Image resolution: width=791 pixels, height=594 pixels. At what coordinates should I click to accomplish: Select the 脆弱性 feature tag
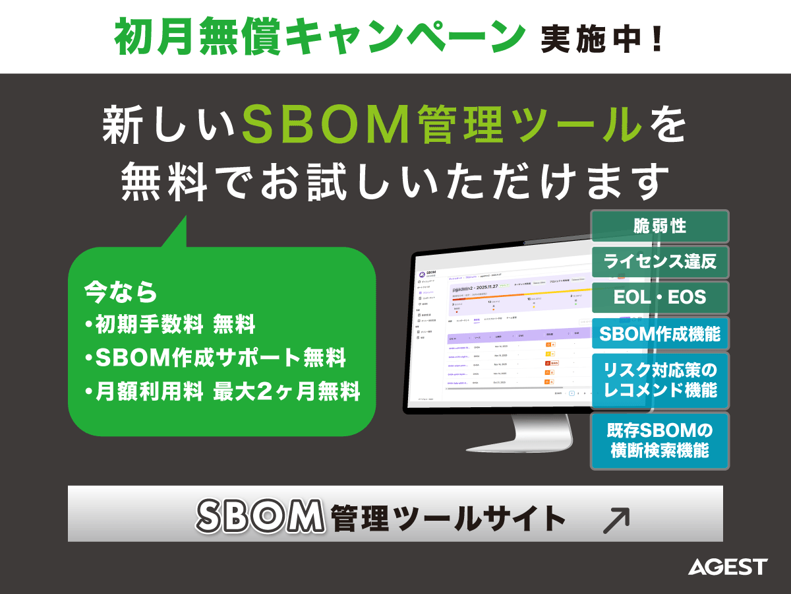[x=659, y=226]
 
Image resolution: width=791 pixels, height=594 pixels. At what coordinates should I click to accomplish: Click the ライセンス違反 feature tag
[x=659, y=262]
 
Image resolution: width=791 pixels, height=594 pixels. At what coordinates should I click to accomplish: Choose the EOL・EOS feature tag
[x=659, y=297]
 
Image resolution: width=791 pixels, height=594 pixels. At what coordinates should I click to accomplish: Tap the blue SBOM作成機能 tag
[x=659, y=333]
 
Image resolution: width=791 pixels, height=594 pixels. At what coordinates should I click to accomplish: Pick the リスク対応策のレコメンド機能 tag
[x=659, y=381]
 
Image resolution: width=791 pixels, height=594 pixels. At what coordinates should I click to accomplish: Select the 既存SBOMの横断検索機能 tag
[x=659, y=440]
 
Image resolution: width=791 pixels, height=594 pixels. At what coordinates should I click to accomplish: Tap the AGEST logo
[x=728, y=566]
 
